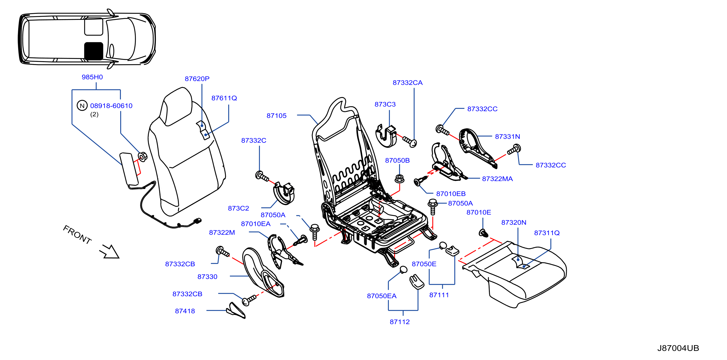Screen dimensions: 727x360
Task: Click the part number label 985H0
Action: tap(92, 77)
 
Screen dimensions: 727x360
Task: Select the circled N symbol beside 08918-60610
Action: tap(82, 106)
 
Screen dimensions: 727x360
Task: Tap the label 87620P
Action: tap(197, 79)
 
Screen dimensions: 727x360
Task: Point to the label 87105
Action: tap(276, 116)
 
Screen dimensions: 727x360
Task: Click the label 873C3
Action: tap(385, 104)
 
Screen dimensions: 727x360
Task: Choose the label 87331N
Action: tap(507, 137)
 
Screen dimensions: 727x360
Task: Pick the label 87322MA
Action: tap(497, 179)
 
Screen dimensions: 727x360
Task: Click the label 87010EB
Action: tap(451, 194)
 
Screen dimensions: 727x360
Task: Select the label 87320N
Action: tap(514, 223)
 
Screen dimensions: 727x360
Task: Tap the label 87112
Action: tap(400, 322)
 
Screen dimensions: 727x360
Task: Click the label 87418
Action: tap(185, 311)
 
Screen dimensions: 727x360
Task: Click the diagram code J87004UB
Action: tap(678, 348)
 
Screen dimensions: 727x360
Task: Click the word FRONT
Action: tap(77, 234)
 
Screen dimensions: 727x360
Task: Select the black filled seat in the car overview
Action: tap(94, 51)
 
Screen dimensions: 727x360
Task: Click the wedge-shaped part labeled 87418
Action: tap(236, 311)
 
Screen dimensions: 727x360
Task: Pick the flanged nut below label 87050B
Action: tap(399, 179)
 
